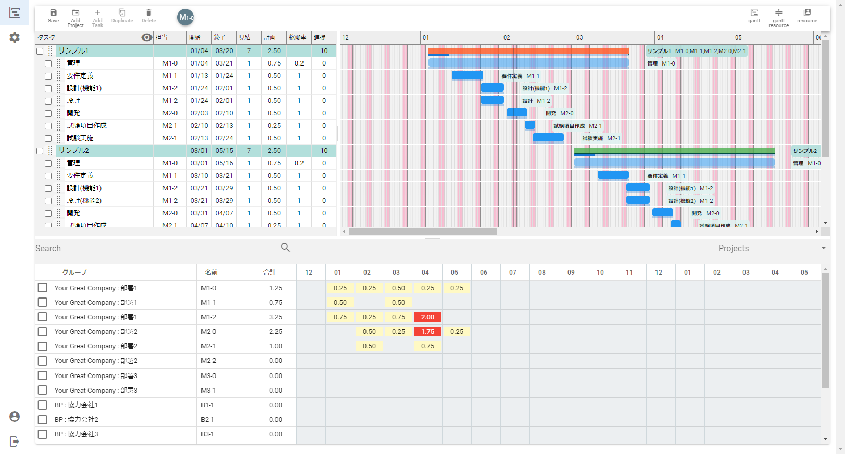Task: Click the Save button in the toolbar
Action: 53,16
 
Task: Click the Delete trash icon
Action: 148,16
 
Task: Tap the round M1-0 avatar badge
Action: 185,17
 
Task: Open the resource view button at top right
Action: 807,16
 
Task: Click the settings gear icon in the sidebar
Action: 15,37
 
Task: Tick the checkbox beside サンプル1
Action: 40,51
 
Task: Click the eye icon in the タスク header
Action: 147,37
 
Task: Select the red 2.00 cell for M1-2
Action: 427,317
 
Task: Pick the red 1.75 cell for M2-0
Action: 427,332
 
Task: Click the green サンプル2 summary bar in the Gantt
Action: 674,151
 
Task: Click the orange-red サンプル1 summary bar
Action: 528,51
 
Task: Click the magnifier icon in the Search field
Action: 285,248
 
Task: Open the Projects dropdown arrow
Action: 823,248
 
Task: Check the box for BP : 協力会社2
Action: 43,419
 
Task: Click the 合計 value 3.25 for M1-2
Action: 275,317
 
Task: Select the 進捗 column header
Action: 320,37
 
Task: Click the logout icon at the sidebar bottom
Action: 15,442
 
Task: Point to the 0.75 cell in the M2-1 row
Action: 427,346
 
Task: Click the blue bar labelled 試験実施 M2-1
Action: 548,138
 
